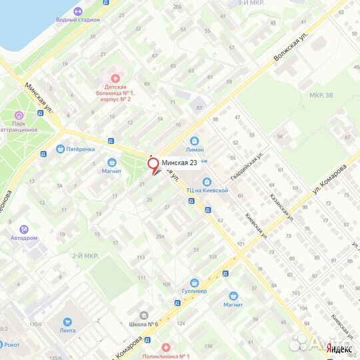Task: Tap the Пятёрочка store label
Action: [80, 149]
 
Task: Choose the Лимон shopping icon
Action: [194, 141]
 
